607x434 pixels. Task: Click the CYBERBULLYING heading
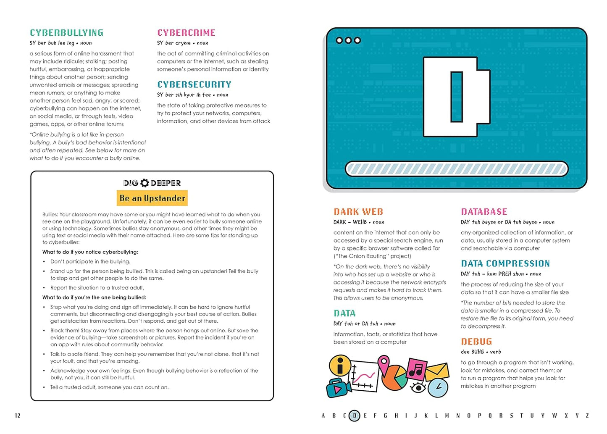coord(66,33)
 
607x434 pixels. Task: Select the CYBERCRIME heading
coord(186,33)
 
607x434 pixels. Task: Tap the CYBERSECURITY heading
coord(194,84)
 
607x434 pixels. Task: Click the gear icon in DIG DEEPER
coord(145,183)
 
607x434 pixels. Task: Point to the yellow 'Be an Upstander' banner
coord(152,198)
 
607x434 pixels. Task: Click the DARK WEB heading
coord(358,212)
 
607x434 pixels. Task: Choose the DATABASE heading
coord(484,212)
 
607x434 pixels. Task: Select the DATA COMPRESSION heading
coord(505,263)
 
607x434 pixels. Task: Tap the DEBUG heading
coord(476,342)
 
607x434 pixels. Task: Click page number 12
coord(18,416)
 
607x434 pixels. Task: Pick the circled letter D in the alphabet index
coord(355,416)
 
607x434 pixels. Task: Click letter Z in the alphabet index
coord(587,416)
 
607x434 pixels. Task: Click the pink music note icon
coord(416,369)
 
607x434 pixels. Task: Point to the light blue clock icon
coord(438,388)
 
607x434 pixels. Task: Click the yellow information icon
coord(340,365)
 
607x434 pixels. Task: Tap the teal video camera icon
coord(339,388)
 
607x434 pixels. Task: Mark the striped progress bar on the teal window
coord(456,169)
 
